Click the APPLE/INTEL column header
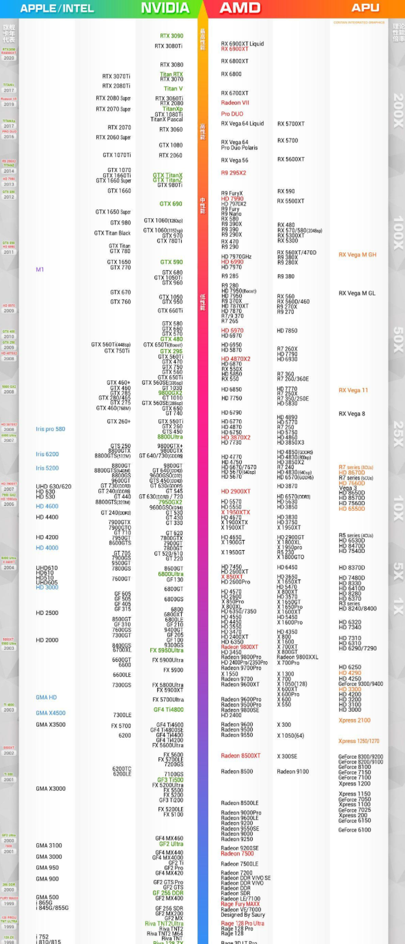tap(57, 9)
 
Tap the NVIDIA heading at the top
tap(165, 8)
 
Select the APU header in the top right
tap(365, 8)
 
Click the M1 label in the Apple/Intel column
tap(40, 269)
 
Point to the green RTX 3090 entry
tap(171, 36)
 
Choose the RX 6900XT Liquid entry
tap(242, 44)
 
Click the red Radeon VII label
tap(235, 103)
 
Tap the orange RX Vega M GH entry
tap(357, 255)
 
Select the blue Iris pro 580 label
tap(50, 429)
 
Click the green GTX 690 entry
tap(171, 204)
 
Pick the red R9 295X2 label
tap(233, 173)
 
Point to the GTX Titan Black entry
tap(112, 233)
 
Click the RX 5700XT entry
tap(291, 124)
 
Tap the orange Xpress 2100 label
tap(355, 720)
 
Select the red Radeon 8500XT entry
tap(240, 756)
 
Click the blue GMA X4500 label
tap(50, 713)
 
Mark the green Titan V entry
tap(173, 89)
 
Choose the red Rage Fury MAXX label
tap(240, 904)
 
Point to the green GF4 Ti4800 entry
tap(168, 709)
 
